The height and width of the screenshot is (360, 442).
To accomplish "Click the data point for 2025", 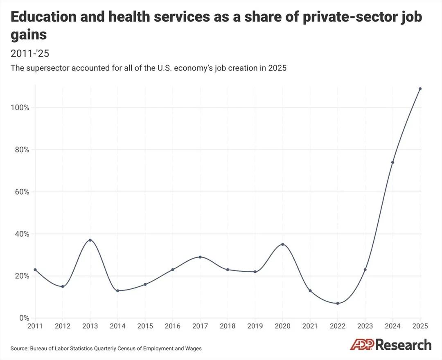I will (x=420, y=89).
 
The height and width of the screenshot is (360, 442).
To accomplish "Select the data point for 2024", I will (x=392, y=162).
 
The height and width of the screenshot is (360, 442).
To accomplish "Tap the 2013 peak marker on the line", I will (x=90, y=240).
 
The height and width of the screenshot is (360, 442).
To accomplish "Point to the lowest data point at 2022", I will (x=338, y=303).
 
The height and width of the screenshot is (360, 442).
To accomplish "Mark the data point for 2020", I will (x=282, y=244).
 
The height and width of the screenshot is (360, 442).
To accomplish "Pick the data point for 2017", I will (x=200, y=257).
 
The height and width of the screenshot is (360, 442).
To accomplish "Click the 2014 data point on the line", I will (x=117, y=290).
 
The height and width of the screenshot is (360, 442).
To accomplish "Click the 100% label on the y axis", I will (x=20, y=108).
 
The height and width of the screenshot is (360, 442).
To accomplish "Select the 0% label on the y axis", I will (x=24, y=318).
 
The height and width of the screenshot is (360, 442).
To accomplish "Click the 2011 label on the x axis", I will (x=35, y=326).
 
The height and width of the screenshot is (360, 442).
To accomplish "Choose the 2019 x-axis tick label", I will (x=255, y=326).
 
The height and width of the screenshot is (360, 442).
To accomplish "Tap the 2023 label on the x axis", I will (x=365, y=326).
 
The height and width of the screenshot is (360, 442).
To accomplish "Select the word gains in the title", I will (x=28, y=35).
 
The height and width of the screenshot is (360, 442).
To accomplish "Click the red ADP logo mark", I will (x=362, y=345).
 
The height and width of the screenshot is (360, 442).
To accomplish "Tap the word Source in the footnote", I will (x=19, y=349).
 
